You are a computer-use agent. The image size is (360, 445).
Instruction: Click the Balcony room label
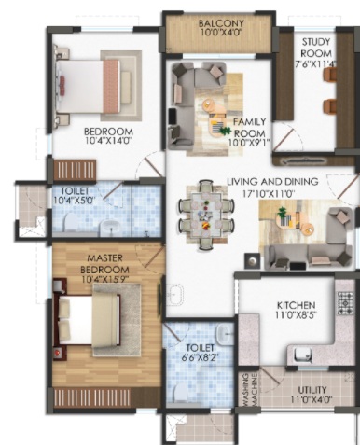coord(221,23)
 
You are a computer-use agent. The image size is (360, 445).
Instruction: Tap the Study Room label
coord(316,48)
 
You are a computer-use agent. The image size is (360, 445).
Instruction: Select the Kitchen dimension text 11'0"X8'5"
coord(296,315)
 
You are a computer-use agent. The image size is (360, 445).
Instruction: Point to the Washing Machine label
coord(251,390)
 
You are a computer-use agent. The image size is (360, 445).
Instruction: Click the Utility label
coord(312,390)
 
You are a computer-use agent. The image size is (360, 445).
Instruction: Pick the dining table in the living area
coord(206,215)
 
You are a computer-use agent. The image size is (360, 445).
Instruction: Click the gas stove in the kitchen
coord(346,302)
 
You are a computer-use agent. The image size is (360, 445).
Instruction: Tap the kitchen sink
coord(302,355)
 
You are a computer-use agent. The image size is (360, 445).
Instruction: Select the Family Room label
coord(249,128)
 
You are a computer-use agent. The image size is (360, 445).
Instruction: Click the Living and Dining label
coord(272,182)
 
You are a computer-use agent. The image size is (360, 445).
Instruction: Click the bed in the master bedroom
coord(87,320)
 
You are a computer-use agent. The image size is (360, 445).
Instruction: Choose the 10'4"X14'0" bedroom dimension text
coord(109,141)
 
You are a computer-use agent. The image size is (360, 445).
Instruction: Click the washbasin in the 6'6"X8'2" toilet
coord(224,335)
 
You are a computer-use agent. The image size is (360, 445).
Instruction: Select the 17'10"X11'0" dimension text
coord(269,194)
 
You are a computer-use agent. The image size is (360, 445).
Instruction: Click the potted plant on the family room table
coord(223,130)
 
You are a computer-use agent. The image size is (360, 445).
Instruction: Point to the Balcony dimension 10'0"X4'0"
coord(221,33)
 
